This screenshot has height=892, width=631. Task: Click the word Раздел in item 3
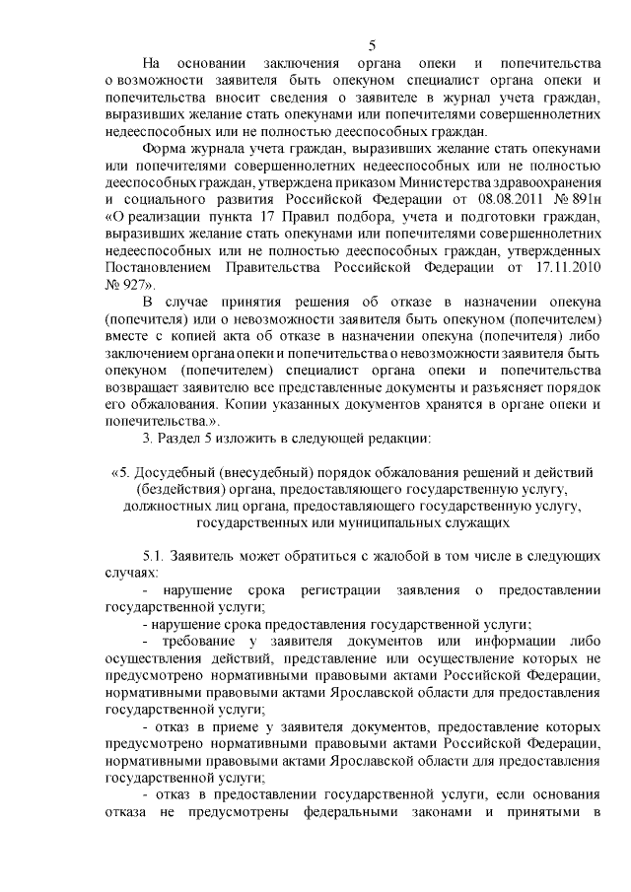pyautogui.click(x=179, y=437)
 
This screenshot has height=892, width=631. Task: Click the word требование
pyautogui.click(x=196, y=640)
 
